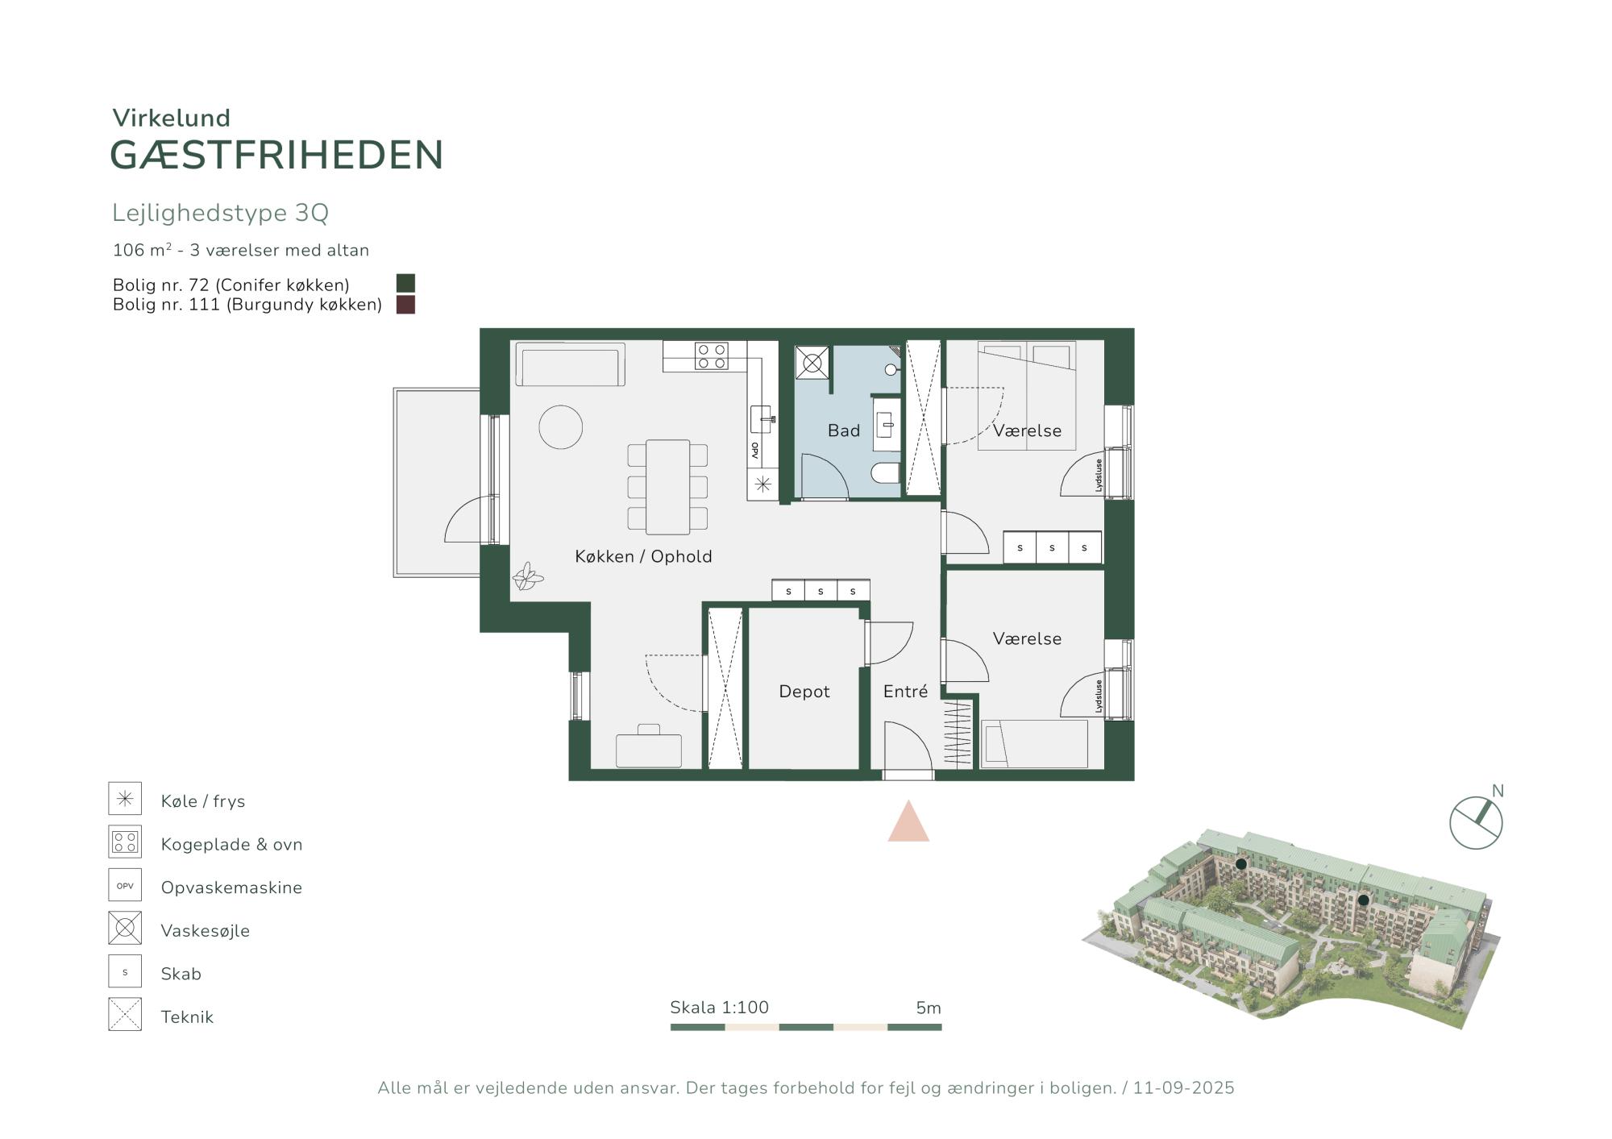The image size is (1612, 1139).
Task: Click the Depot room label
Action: pyautogui.click(x=804, y=692)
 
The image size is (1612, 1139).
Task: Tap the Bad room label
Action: pyautogui.click(x=844, y=430)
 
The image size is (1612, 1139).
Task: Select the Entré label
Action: pyautogui.click(x=905, y=691)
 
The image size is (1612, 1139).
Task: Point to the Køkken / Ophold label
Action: pyautogui.click(x=643, y=556)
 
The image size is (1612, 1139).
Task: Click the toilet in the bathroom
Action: pyautogui.click(x=886, y=472)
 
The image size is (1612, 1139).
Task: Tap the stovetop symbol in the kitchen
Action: pyautogui.click(x=712, y=356)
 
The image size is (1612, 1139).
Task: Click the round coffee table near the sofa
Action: pyautogui.click(x=561, y=426)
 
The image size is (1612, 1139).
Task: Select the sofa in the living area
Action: pyautogui.click(x=570, y=365)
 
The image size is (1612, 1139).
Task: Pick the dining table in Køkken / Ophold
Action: pyautogui.click(x=668, y=487)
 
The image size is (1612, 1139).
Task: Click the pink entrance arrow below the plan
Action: pyautogui.click(x=908, y=822)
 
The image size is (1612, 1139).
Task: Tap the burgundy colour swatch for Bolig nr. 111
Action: pyautogui.click(x=405, y=305)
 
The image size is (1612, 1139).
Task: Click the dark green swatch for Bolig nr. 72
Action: pyautogui.click(x=405, y=283)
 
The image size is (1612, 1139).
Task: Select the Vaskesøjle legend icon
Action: pyautogui.click(x=125, y=929)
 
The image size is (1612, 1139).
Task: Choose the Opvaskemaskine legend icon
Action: pyautogui.click(x=125, y=885)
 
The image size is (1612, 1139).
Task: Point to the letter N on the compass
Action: pyautogui.click(x=1498, y=791)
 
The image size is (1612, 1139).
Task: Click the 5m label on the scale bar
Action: pyautogui.click(x=929, y=1008)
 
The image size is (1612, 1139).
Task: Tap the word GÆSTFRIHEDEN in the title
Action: pyautogui.click(x=276, y=155)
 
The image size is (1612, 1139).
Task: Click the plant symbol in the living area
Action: pyautogui.click(x=528, y=576)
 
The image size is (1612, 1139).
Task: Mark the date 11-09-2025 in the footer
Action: pyautogui.click(x=1183, y=1088)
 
